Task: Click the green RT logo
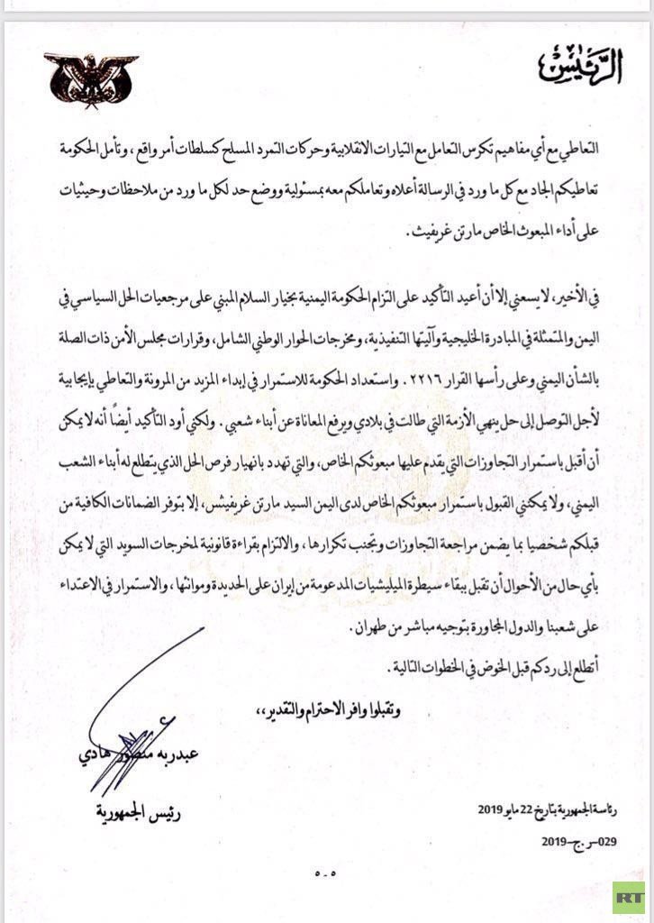coord(629,897)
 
